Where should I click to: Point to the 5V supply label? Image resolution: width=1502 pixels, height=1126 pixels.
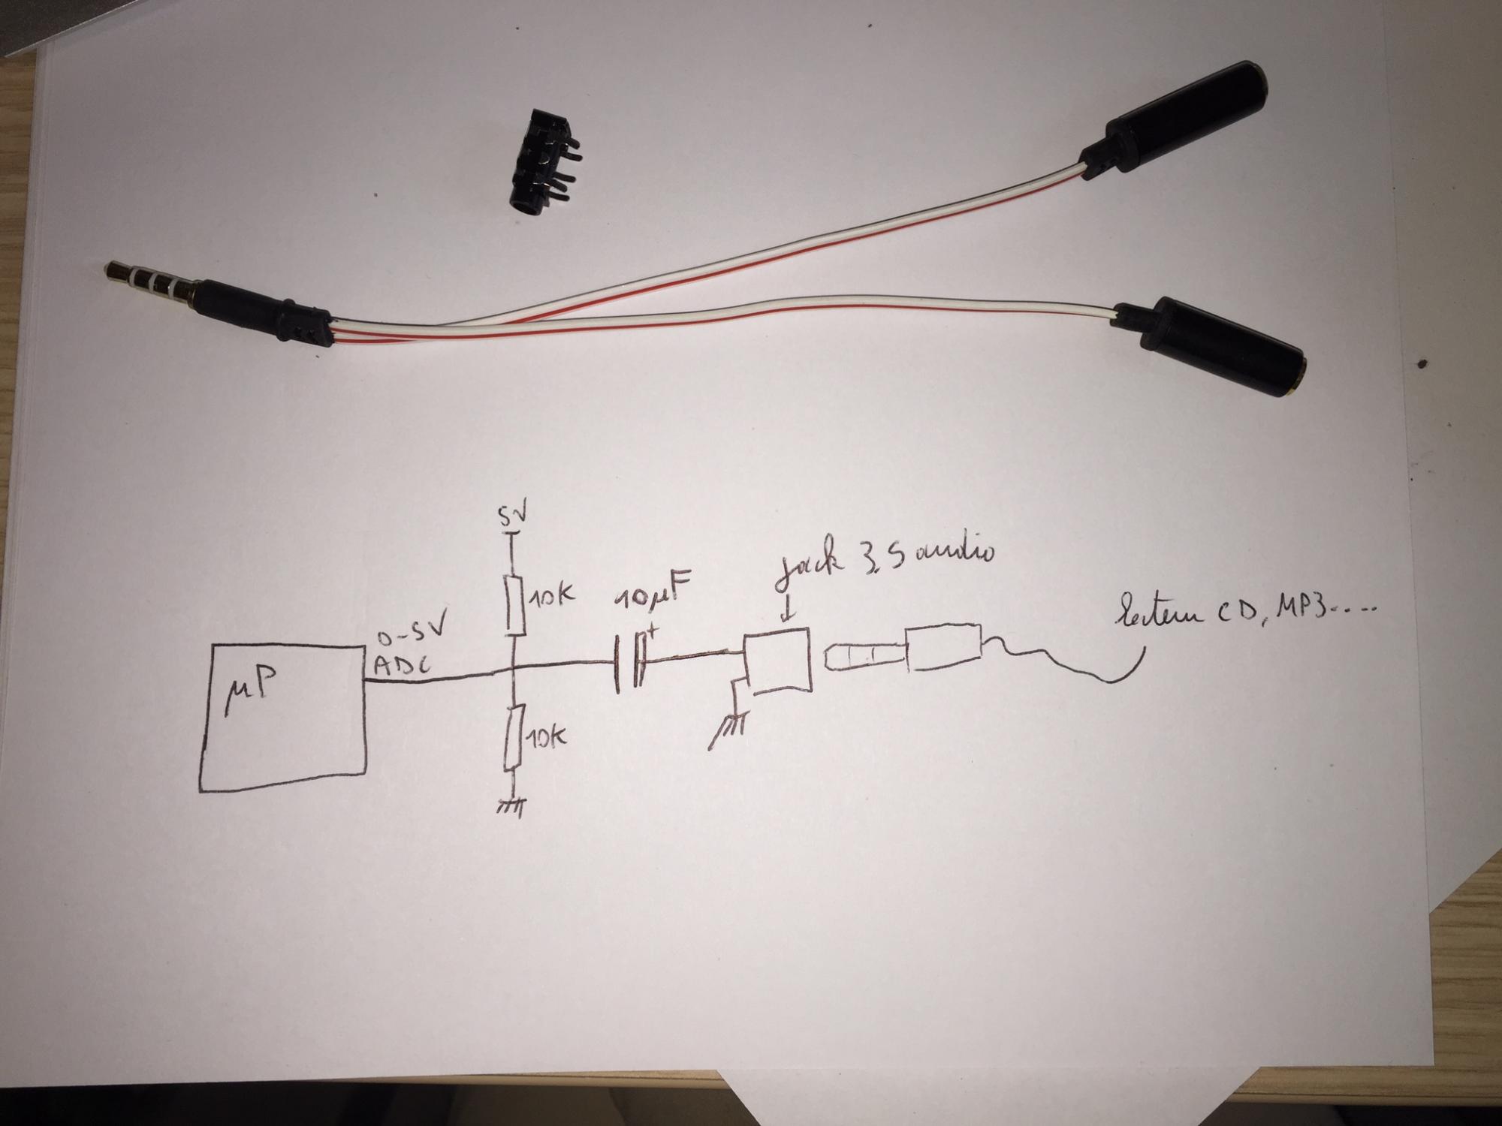[513, 516]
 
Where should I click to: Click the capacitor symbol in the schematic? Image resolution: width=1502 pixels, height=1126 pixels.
[629, 661]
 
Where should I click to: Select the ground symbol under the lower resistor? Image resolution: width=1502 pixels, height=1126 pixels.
[511, 806]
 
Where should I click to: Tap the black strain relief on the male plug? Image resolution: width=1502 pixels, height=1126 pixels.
[300, 319]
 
